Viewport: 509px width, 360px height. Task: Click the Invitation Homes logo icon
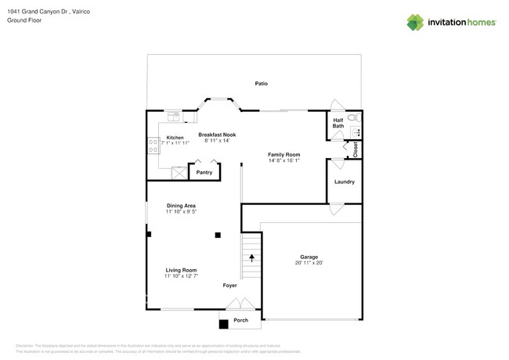pyautogui.click(x=415, y=22)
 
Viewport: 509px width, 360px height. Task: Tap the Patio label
pyautogui.click(x=262, y=83)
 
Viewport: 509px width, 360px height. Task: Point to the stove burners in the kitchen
pyautogui.click(x=153, y=146)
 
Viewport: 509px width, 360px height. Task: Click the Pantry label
pyautogui.click(x=204, y=172)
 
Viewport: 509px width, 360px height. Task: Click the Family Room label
pyautogui.click(x=284, y=155)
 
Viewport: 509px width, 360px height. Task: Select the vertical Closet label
pyautogui.click(x=356, y=149)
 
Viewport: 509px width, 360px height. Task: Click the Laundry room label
pyautogui.click(x=345, y=182)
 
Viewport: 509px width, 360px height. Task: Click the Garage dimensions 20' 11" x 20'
pyautogui.click(x=309, y=263)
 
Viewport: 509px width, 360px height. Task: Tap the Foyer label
pyautogui.click(x=229, y=286)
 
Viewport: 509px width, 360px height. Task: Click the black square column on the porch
pyautogui.click(x=223, y=323)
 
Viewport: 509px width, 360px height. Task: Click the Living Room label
pyautogui.click(x=181, y=270)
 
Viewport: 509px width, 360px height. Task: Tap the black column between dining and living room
pyautogui.click(x=218, y=235)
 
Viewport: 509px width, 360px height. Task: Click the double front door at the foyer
pyautogui.click(x=245, y=304)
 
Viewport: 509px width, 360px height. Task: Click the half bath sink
pyautogui.click(x=355, y=132)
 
